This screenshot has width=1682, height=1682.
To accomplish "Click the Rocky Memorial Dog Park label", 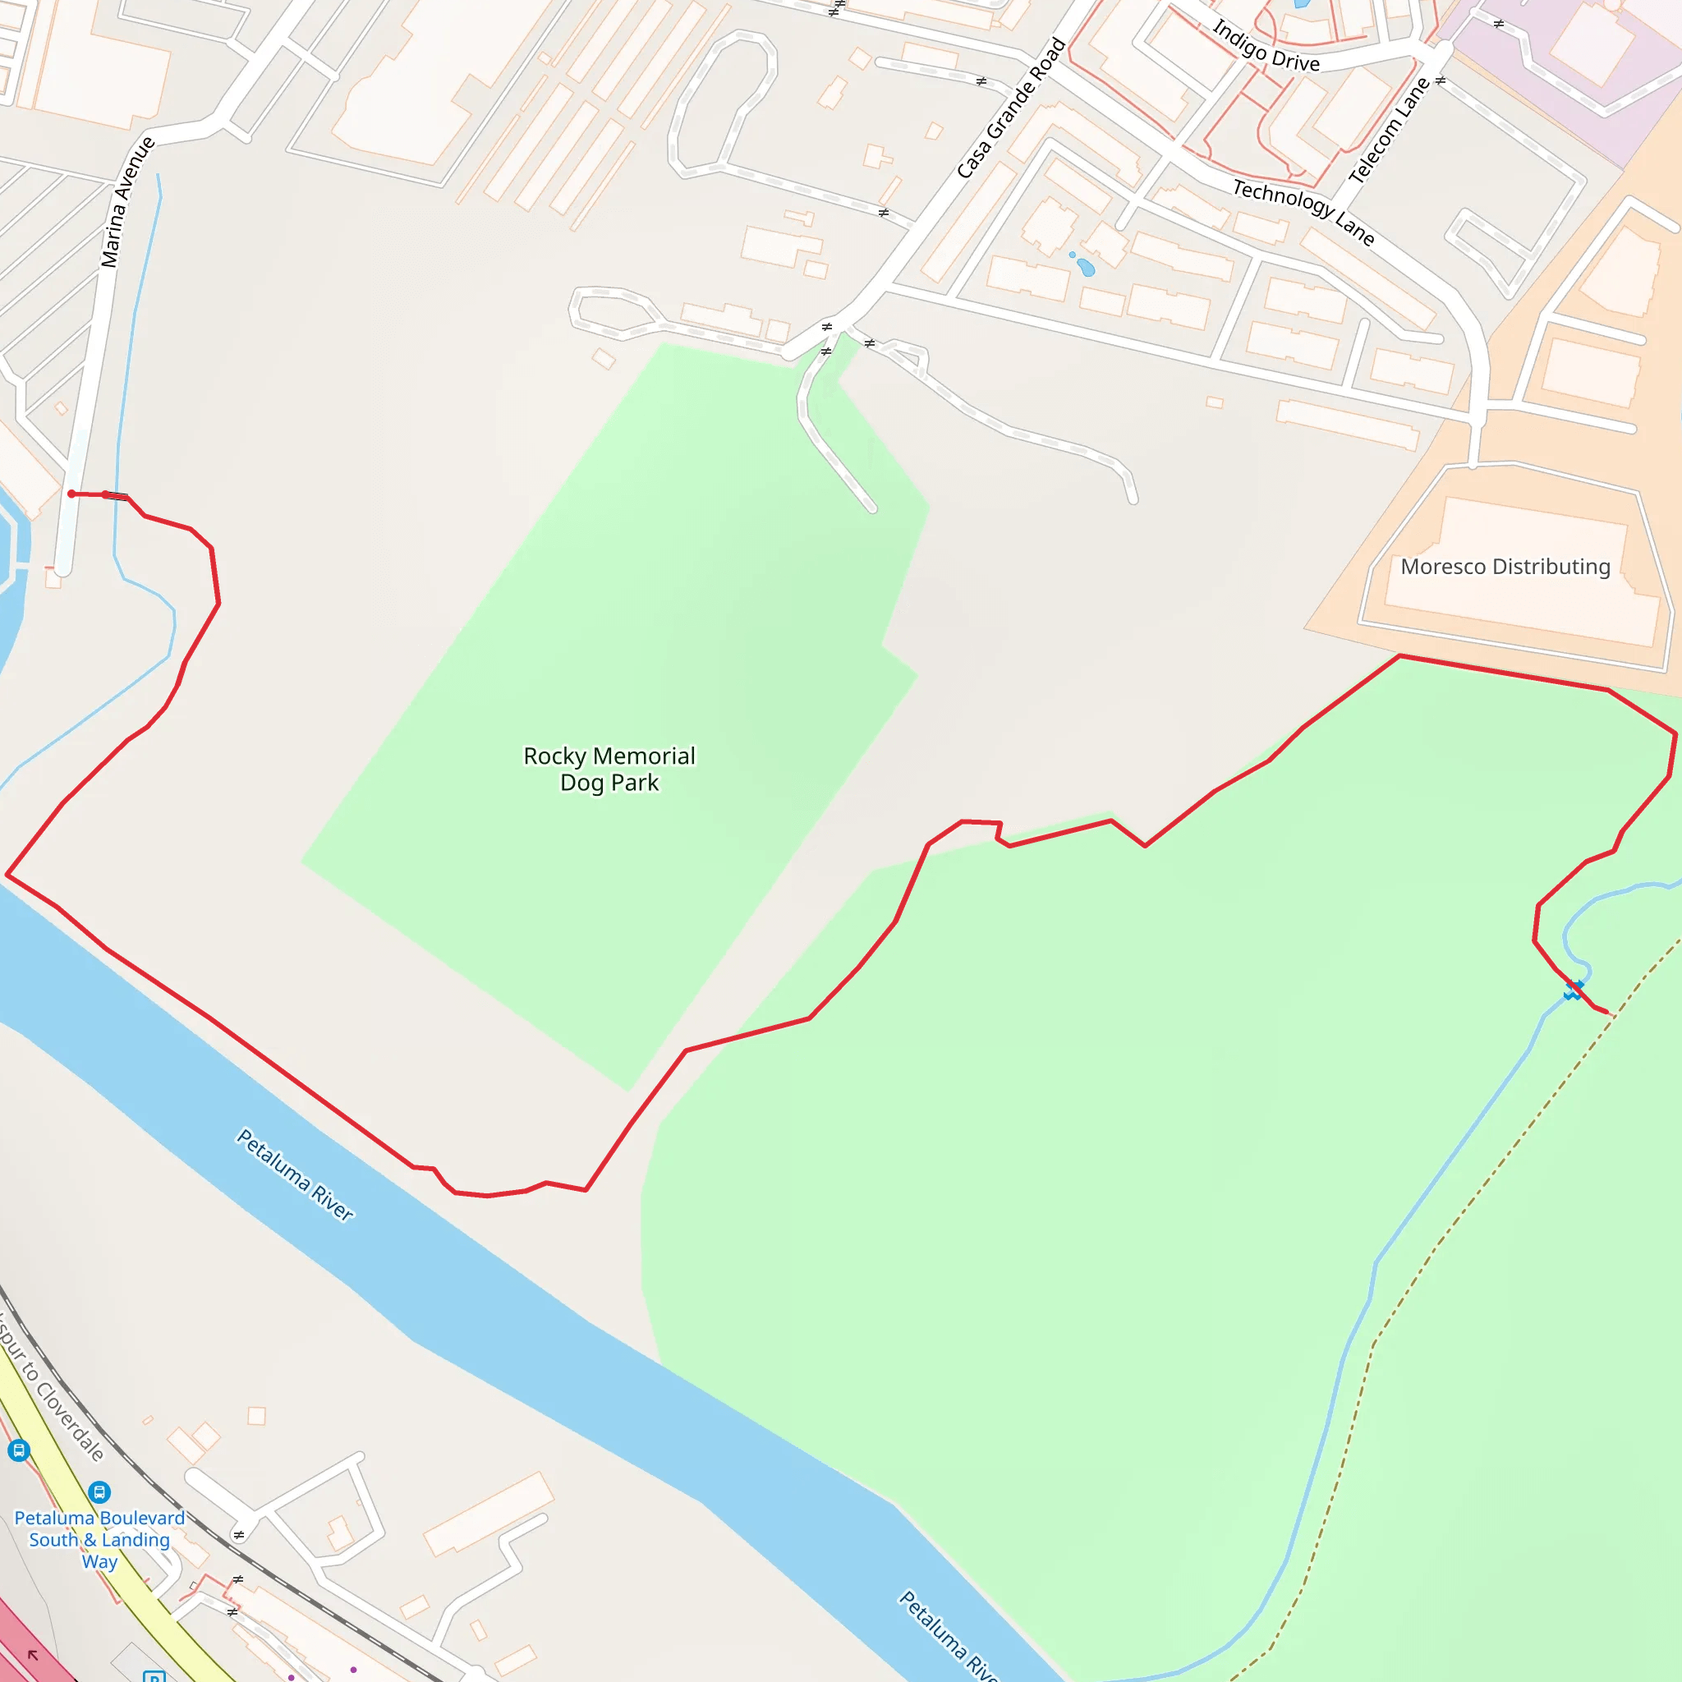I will pyautogui.click(x=609, y=769).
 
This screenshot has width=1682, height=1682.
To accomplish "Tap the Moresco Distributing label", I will pyautogui.click(x=1505, y=567).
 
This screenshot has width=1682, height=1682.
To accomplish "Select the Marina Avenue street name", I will pyautogui.click(x=127, y=202).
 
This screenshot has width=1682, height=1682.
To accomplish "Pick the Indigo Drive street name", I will pyautogui.click(x=1266, y=46).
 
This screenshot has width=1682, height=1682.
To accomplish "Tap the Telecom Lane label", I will pyautogui.click(x=1390, y=131).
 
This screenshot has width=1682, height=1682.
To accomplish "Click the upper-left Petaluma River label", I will pyautogui.click(x=295, y=1174).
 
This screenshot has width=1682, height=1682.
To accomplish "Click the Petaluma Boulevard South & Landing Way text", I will pyautogui.click(x=99, y=1539).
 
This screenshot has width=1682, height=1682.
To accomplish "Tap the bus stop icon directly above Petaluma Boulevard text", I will pyautogui.click(x=99, y=1493).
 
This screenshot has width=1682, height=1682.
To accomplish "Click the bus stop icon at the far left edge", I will pyautogui.click(x=18, y=1450).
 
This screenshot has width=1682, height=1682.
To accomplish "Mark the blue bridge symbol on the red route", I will pyautogui.click(x=1573, y=990).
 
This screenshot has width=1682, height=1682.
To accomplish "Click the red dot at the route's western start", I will pyautogui.click(x=71, y=494).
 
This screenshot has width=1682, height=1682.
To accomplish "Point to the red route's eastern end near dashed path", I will pyautogui.click(x=1607, y=1013).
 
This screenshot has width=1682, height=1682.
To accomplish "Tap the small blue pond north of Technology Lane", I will pyautogui.click(x=1085, y=266).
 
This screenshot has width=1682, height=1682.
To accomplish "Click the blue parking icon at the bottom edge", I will pyautogui.click(x=154, y=1676).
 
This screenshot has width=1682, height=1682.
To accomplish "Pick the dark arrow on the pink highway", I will pyautogui.click(x=33, y=1654).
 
